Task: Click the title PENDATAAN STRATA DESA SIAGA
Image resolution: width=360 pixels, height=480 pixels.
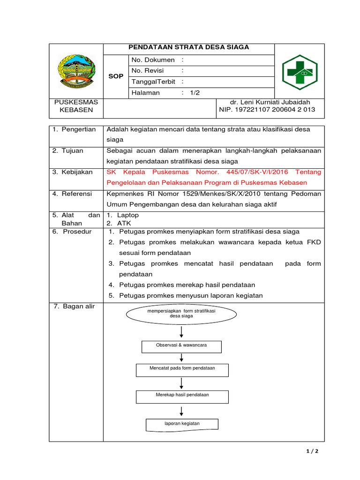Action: point(189,47)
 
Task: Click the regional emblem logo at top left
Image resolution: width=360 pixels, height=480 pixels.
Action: point(75,71)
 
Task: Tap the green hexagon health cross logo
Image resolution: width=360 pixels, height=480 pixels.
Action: point(300,71)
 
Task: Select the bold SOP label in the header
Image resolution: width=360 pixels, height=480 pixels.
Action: point(116,76)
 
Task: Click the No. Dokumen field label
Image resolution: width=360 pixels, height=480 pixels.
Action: point(153,60)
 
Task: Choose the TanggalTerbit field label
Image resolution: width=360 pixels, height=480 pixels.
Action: point(153,82)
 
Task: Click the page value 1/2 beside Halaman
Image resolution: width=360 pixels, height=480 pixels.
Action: point(195,93)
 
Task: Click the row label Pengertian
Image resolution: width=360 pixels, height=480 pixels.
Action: point(78,129)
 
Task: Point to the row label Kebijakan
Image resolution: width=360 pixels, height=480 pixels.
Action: point(77,172)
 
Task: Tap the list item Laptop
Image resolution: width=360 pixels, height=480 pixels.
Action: point(128,215)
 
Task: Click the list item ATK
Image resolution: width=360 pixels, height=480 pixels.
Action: point(124,223)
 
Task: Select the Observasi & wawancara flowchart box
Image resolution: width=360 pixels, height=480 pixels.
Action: point(181,346)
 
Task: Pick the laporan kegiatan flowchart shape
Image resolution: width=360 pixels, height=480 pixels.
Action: point(182,424)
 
